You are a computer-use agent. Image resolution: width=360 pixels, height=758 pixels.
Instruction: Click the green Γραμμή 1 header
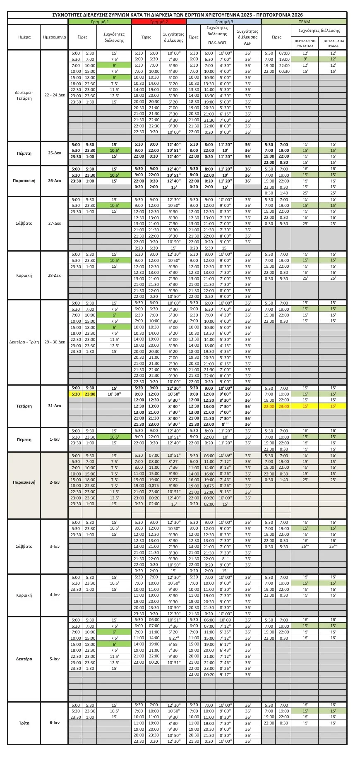(100, 22)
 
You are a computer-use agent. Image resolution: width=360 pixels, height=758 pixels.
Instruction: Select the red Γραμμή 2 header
(159, 22)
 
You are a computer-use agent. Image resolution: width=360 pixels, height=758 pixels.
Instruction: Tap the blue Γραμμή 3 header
(224, 22)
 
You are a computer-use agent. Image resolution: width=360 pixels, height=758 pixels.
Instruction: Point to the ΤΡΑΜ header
(304, 22)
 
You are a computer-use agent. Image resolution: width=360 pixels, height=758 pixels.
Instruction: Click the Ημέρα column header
(24, 37)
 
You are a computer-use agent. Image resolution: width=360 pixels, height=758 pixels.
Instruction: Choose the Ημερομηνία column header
(54, 37)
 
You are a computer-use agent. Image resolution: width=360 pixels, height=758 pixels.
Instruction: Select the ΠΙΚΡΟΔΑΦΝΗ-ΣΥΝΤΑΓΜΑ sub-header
(305, 44)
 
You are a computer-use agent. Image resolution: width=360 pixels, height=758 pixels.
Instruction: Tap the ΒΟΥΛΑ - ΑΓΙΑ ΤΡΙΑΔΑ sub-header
(333, 44)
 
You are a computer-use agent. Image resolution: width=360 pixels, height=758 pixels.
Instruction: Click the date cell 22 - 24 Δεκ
(54, 96)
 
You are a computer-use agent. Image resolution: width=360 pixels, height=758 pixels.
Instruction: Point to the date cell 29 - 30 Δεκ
(54, 342)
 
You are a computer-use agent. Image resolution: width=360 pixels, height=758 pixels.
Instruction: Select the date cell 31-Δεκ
(54, 406)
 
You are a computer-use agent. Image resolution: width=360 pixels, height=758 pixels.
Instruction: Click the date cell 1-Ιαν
(54, 439)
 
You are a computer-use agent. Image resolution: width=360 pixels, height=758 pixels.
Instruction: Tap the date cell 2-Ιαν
(54, 482)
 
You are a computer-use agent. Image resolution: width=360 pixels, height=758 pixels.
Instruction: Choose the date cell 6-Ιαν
(54, 723)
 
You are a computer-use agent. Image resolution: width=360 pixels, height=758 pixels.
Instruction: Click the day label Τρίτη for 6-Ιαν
(24, 723)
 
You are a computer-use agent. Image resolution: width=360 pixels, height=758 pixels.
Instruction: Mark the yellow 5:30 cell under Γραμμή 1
(76, 394)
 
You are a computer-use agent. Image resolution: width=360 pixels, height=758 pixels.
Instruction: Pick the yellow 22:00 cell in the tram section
(269, 406)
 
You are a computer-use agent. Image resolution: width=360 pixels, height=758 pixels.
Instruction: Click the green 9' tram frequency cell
(305, 59)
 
